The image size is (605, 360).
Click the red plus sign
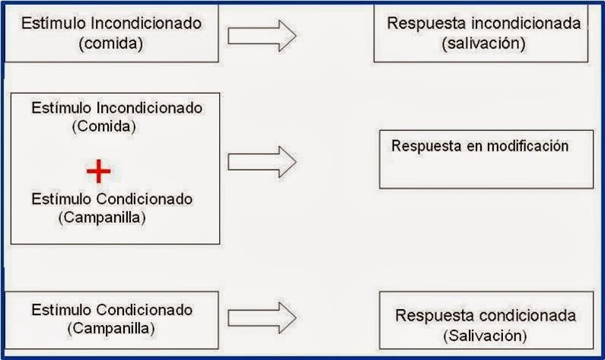pyautogui.click(x=98, y=171)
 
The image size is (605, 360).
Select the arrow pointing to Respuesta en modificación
pyautogui.click(x=262, y=161)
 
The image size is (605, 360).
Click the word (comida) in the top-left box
pyautogui.click(x=111, y=43)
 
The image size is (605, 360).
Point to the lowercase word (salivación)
pyautogui.click(x=483, y=43)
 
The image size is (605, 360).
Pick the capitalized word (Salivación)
pyautogui.click(x=486, y=335)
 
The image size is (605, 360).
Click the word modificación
pyautogui.click(x=530, y=146)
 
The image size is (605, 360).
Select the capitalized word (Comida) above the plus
pyautogui.click(x=103, y=126)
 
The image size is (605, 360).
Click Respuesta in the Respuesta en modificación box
pyautogui.click(x=423, y=146)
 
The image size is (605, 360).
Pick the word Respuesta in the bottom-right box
pyautogui.click(x=431, y=315)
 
